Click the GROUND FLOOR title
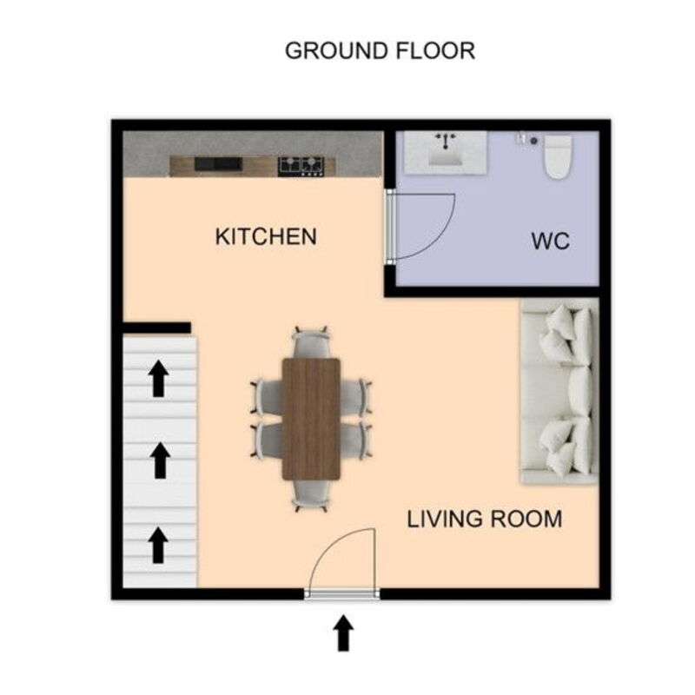(x=380, y=50)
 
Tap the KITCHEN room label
(x=266, y=236)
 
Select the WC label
(x=551, y=242)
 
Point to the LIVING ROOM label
(x=485, y=519)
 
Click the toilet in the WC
(x=558, y=157)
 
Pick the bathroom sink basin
(x=446, y=153)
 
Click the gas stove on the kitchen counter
(x=301, y=166)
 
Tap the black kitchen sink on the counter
(x=218, y=163)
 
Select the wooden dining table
(x=311, y=419)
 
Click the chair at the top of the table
(x=311, y=342)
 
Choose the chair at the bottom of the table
(x=311, y=496)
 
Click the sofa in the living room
(x=559, y=391)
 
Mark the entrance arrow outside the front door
(x=343, y=633)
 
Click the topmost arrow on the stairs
(x=158, y=378)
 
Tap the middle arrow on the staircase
(x=160, y=460)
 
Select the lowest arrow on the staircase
(x=158, y=546)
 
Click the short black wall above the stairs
(x=156, y=328)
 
